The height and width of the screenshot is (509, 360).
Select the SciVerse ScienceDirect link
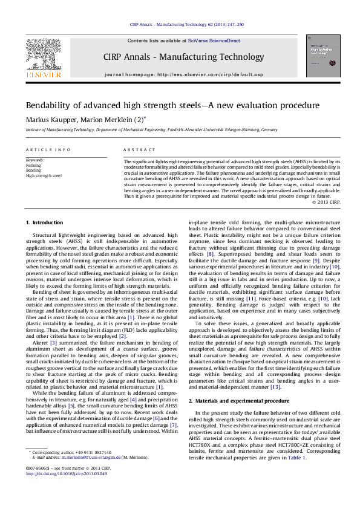[214, 41]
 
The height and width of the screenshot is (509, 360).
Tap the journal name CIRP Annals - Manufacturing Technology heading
[180, 57]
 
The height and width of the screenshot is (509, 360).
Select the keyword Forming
[34, 164]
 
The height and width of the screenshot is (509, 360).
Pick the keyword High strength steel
[44, 175]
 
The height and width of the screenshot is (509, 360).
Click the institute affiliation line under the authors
[151, 130]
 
